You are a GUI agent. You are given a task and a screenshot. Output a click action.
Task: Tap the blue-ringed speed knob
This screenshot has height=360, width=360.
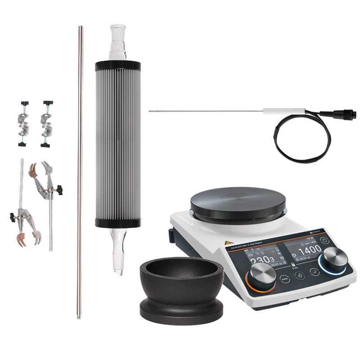(333, 261)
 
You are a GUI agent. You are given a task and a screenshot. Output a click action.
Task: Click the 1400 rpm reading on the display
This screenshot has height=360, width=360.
(310, 249)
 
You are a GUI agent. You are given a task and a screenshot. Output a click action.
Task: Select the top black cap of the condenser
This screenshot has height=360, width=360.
(118, 66)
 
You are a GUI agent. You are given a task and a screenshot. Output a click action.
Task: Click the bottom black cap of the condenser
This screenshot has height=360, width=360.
(118, 222)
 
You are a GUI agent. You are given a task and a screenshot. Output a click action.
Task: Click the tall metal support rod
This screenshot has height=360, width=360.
(80, 171)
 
